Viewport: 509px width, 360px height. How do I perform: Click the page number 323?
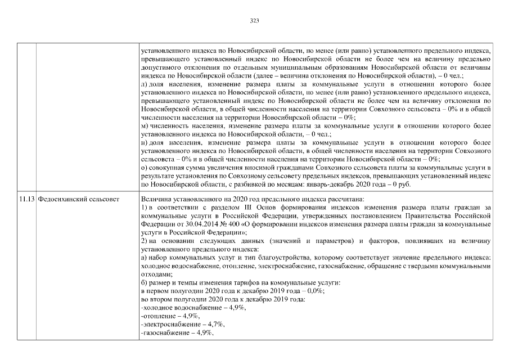(x=254, y=21)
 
